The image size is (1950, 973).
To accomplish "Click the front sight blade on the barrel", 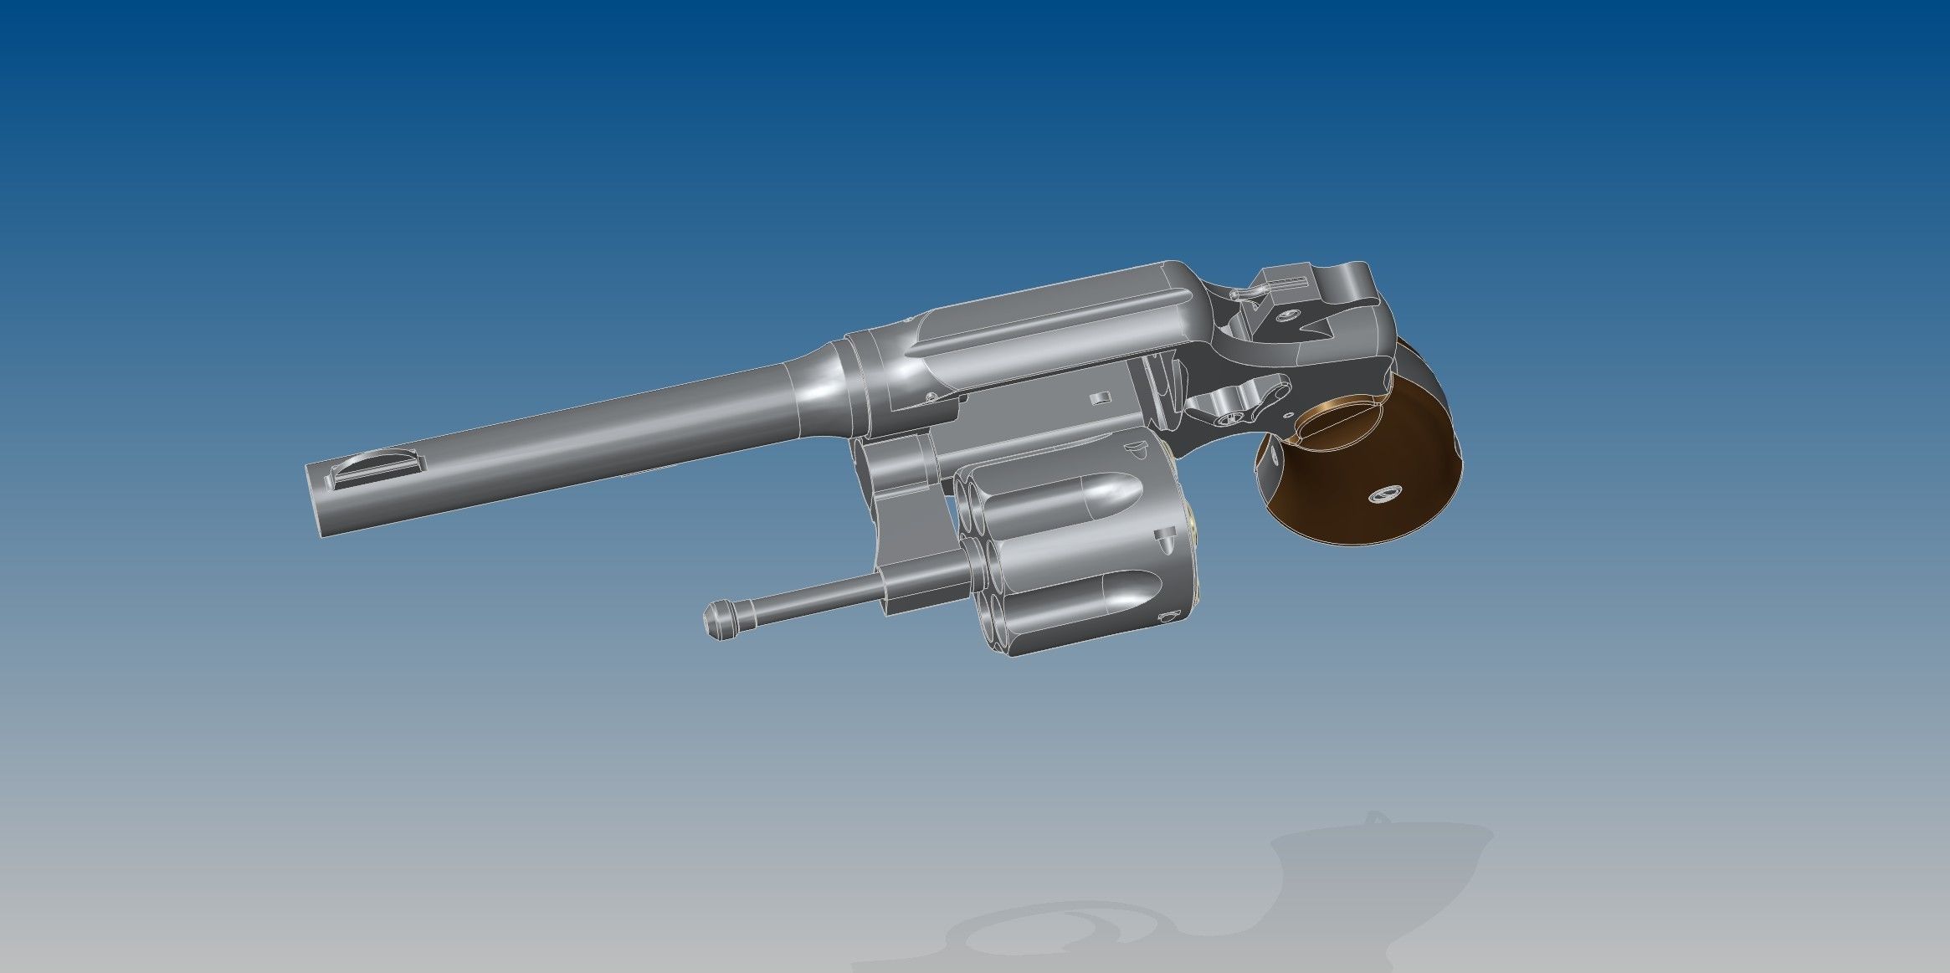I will tap(374, 465).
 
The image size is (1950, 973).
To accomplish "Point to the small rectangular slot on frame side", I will tap(1101, 397).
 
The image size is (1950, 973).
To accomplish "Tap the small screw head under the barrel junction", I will tap(929, 397).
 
